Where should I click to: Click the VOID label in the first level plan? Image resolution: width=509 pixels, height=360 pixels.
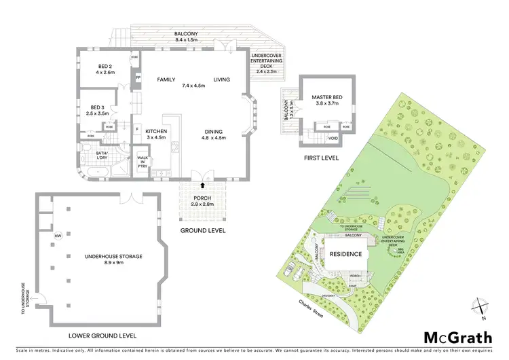332,138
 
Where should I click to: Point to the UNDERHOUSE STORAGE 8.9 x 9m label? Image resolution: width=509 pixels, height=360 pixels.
113,259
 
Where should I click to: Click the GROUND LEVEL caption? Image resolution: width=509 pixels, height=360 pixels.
202,231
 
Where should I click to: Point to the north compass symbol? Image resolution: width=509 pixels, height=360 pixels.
480,307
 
